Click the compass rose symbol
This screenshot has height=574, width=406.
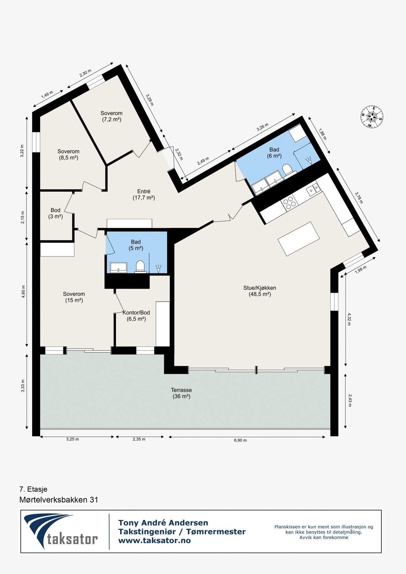point(372,117)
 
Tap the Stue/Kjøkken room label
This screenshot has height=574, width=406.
point(260,291)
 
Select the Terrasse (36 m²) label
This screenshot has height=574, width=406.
point(181,393)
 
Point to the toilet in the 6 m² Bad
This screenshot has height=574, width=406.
point(287,169)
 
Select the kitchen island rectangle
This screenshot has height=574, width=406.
point(299,239)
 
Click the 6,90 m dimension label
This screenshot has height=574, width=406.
point(240,440)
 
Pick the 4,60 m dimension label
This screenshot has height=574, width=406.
point(23,295)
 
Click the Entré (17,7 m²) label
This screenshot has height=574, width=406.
point(144,195)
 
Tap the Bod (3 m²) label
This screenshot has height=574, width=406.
point(55,213)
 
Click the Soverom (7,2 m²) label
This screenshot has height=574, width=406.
point(112,116)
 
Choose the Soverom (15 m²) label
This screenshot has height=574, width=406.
point(74,297)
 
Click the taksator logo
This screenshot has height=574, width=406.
point(61,531)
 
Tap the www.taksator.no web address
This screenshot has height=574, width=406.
point(154,541)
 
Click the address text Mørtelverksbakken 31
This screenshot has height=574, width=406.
point(59,500)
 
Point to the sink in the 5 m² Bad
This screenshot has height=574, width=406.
point(118,267)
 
